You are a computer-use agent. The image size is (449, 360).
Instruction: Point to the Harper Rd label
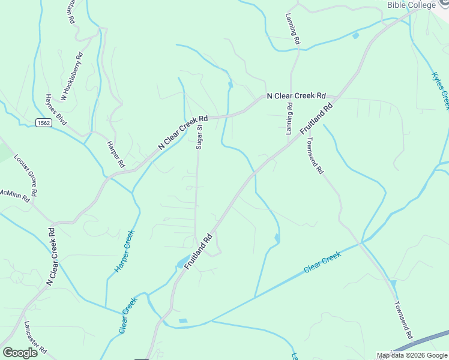click(115, 154)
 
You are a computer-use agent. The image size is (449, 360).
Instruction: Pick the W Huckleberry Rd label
click(71, 76)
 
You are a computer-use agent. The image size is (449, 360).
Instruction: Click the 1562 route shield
click(43, 122)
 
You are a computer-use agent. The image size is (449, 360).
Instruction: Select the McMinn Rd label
click(14, 195)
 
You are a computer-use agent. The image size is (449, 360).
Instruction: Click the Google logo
click(20, 353)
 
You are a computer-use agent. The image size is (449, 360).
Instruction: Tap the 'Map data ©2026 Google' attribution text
click(412, 355)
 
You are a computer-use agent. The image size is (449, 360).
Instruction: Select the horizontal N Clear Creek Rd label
click(296, 95)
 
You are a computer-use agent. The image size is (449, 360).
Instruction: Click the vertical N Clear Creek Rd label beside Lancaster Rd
click(53, 256)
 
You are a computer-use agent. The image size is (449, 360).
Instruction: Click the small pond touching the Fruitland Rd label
click(181, 263)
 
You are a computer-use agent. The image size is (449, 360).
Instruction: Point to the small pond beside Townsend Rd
click(393, 283)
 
